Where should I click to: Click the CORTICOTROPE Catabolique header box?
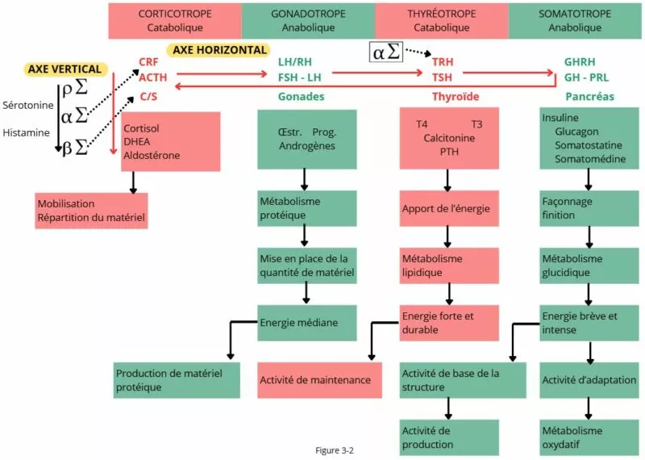tap(175, 20)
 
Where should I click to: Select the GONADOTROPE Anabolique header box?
tap(308, 20)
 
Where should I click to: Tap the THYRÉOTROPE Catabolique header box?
tap(441, 20)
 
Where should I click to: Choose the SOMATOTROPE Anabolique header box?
tap(576, 20)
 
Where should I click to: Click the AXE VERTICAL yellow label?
tap(64, 69)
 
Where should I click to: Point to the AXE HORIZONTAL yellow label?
tap(220, 50)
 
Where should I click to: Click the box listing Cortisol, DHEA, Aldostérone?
tap(170, 142)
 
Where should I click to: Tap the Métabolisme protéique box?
tap(305, 208)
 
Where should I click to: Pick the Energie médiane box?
tap(305, 323)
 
